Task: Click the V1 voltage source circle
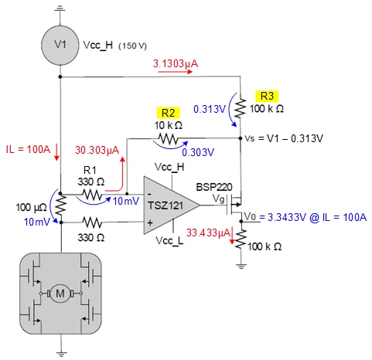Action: tap(60, 45)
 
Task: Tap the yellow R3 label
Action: tap(267, 96)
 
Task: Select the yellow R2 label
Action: tap(168, 113)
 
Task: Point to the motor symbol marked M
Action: tap(60, 294)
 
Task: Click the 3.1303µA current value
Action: tap(176, 63)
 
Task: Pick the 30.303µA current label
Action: tap(97, 150)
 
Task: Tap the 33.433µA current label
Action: tap(208, 233)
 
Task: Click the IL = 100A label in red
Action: tap(28, 149)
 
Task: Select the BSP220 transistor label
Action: tap(214, 187)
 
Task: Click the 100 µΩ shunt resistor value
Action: tap(32, 207)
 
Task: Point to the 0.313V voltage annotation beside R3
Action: tap(210, 109)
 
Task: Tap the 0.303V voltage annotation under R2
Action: tap(198, 152)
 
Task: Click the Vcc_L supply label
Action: tap(169, 241)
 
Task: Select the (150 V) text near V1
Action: tap(132, 46)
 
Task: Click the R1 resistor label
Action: tap(90, 170)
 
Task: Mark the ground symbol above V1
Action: tap(60, 9)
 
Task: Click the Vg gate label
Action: tap(219, 199)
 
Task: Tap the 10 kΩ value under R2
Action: tap(169, 125)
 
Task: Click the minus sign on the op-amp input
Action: tap(150, 194)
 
